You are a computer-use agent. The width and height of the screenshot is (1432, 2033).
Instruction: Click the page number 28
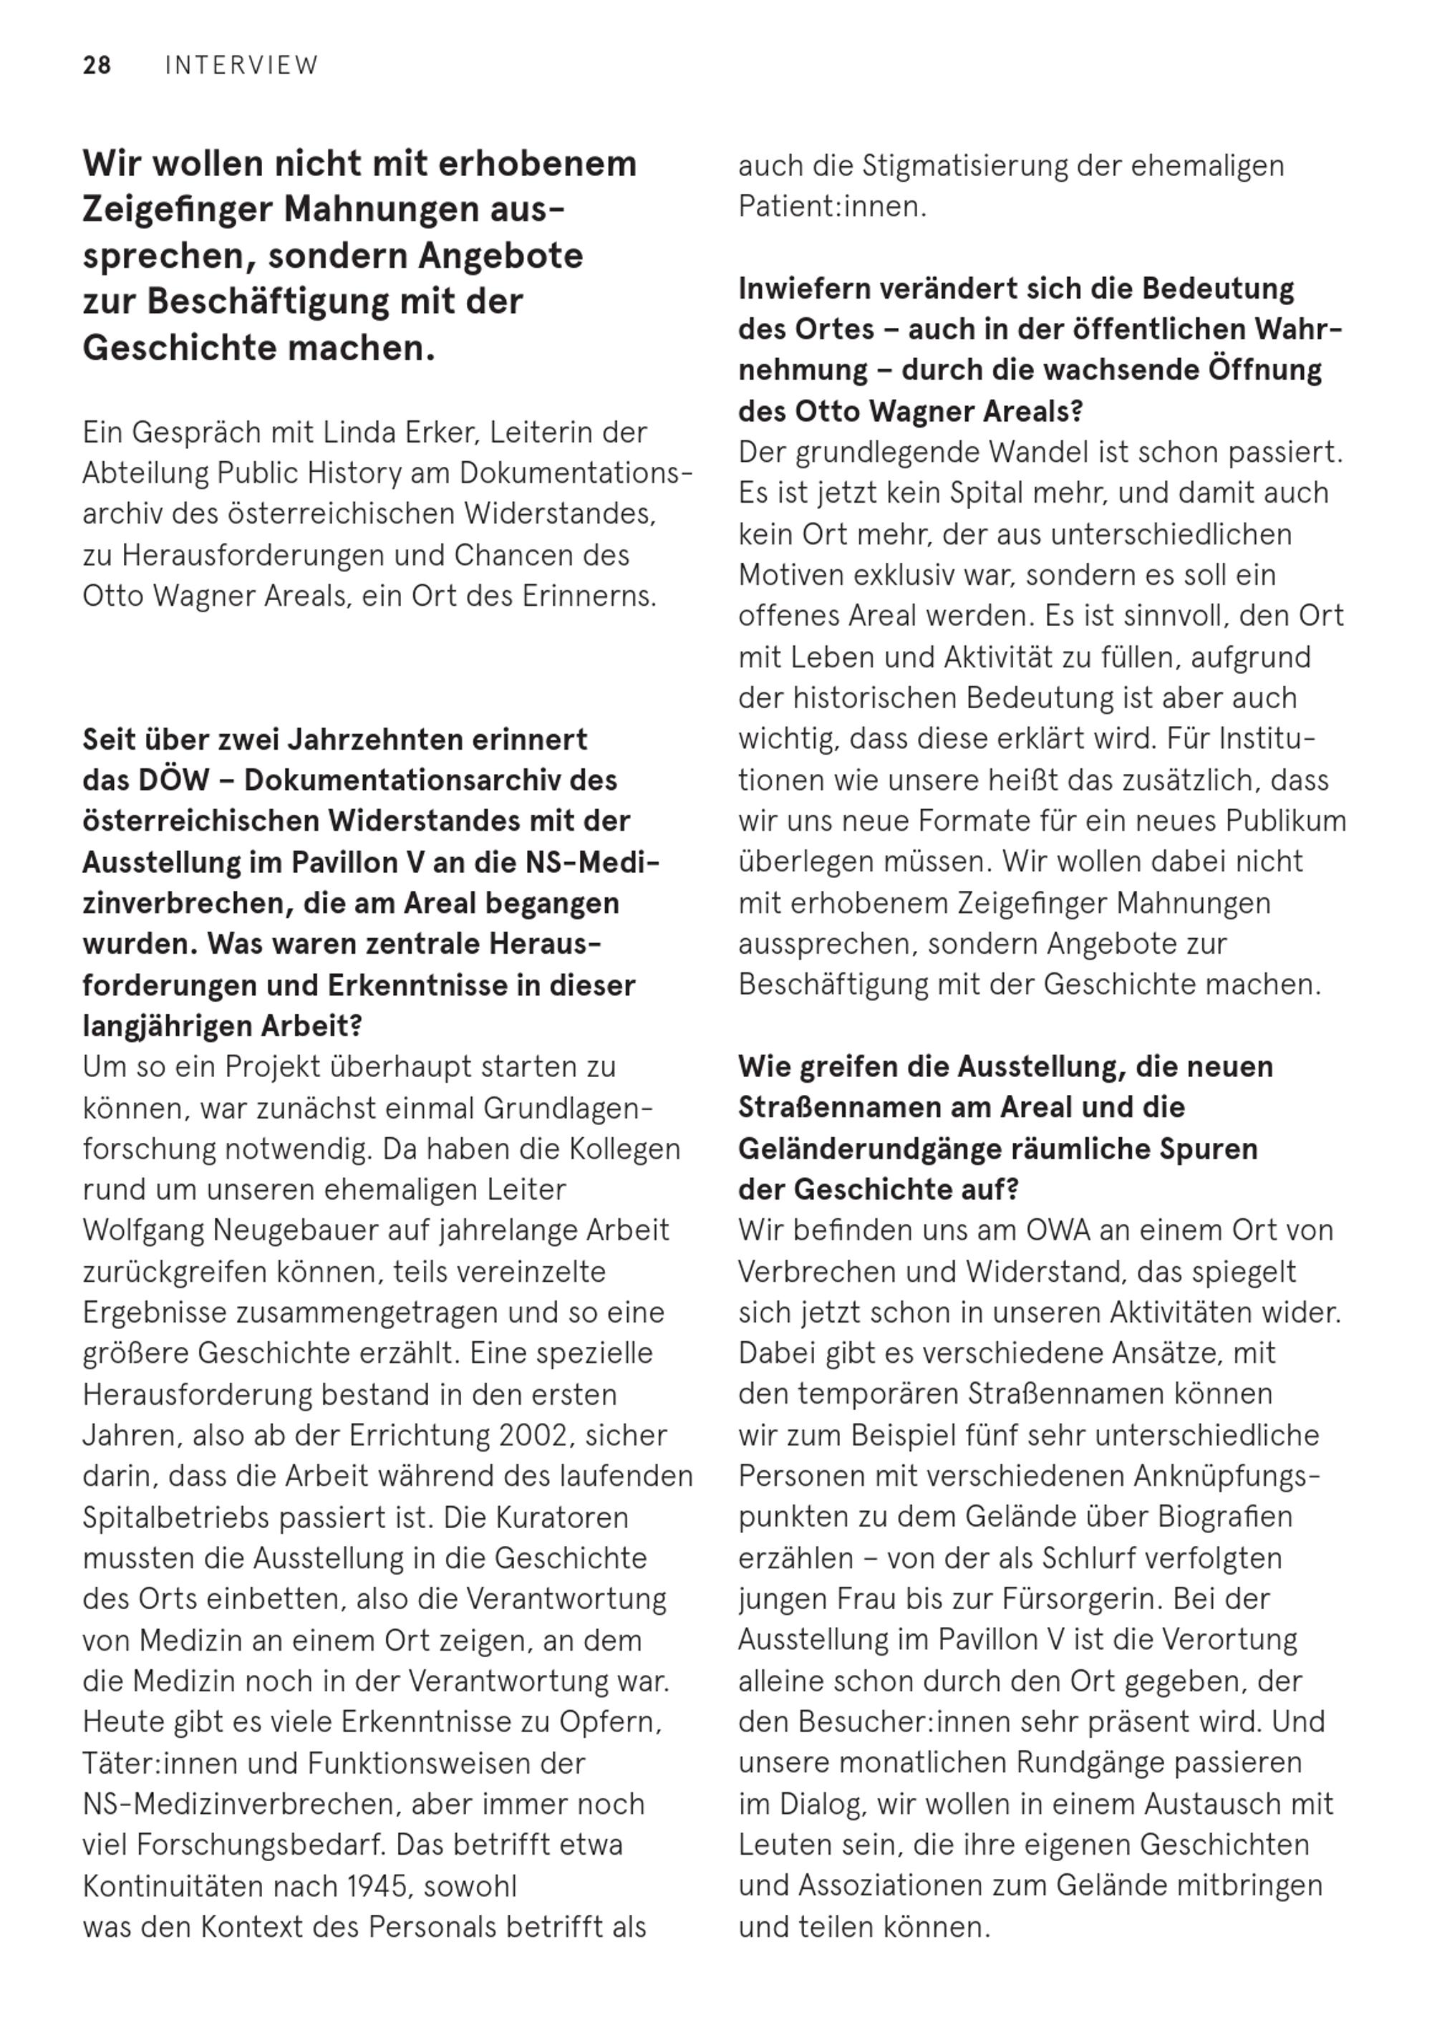pyautogui.click(x=97, y=66)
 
